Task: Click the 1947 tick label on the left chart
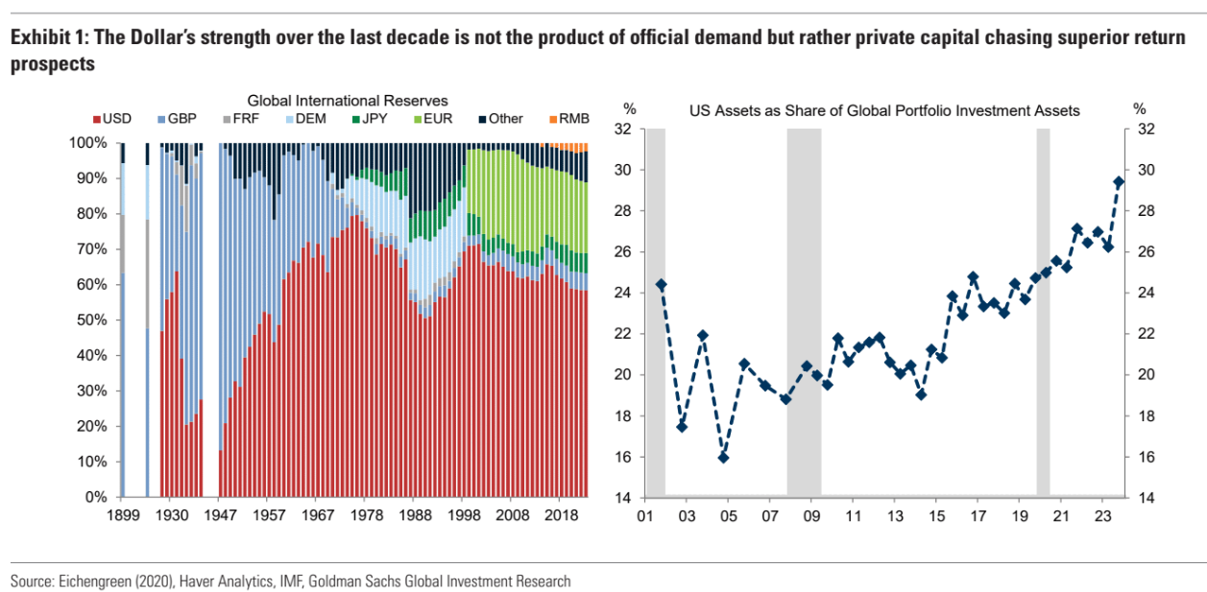click(221, 515)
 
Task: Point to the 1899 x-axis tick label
click(122, 515)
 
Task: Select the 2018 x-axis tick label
click(560, 515)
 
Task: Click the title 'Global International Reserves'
click(348, 100)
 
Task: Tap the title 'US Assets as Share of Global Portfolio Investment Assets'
click(884, 110)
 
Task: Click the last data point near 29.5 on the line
click(1119, 181)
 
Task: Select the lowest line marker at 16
click(724, 457)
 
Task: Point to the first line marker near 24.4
click(661, 285)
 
